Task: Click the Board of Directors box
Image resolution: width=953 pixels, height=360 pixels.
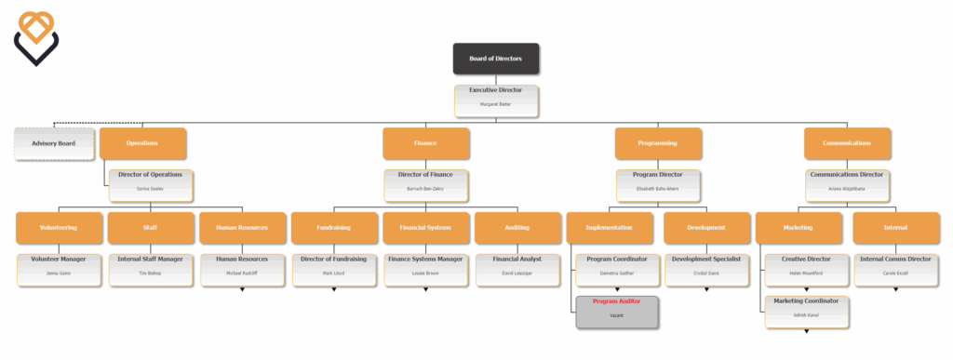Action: [x=495, y=59]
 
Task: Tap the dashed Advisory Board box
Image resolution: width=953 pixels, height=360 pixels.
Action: [x=54, y=144]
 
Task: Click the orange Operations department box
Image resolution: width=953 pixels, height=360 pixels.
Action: [x=142, y=144]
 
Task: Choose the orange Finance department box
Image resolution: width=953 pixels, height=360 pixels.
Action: [x=425, y=144]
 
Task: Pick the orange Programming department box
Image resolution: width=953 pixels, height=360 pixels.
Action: [x=658, y=144]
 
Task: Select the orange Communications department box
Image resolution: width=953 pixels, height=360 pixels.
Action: [x=847, y=144]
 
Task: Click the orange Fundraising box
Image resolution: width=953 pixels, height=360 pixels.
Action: [x=333, y=228]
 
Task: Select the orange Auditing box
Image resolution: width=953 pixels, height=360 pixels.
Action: [x=517, y=228]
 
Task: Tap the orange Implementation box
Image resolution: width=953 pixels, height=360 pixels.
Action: [x=610, y=228]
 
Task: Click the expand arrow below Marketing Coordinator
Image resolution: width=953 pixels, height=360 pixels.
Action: [x=806, y=331]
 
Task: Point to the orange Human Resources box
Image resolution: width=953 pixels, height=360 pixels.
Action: [x=242, y=228]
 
